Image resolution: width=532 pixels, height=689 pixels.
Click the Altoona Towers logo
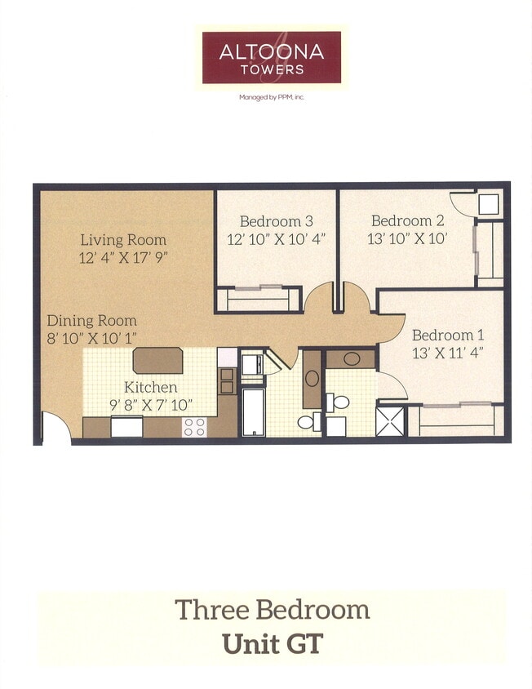[x=271, y=57]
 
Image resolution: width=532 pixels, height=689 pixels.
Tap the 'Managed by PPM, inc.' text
[x=271, y=96]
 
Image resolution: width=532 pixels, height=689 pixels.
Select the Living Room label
[x=123, y=240]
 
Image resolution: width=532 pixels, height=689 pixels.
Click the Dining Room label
[x=91, y=321]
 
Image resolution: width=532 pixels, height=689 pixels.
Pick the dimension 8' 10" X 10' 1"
[x=91, y=338]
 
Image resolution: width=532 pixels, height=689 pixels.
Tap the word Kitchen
[x=150, y=387]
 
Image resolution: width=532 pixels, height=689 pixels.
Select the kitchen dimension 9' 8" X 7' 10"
[x=150, y=404]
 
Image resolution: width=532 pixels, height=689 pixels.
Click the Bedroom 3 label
[x=277, y=221]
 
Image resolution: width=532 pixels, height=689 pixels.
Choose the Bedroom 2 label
[x=407, y=220]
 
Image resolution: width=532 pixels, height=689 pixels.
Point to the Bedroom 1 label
[x=448, y=335]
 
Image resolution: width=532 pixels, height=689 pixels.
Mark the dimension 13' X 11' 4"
[x=448, y=353]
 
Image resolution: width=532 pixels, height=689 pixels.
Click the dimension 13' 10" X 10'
[x=407, y=239]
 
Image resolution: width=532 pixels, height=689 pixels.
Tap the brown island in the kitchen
[x=157, y=360]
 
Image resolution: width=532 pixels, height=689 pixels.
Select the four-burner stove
[x=194, y=425]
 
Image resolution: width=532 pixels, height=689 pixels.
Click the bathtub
[x=253, y=412]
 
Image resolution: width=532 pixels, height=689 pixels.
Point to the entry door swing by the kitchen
[x=55, y=429]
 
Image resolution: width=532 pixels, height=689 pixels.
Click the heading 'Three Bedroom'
[x=272, y=610]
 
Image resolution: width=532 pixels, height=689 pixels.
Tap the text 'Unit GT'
[x=272, y=643]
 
